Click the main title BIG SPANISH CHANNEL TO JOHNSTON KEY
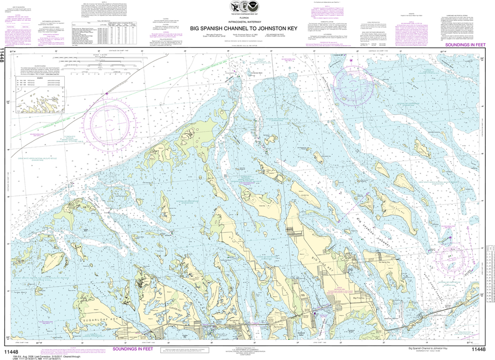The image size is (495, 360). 247,28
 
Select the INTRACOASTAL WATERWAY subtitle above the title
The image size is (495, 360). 247,22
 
